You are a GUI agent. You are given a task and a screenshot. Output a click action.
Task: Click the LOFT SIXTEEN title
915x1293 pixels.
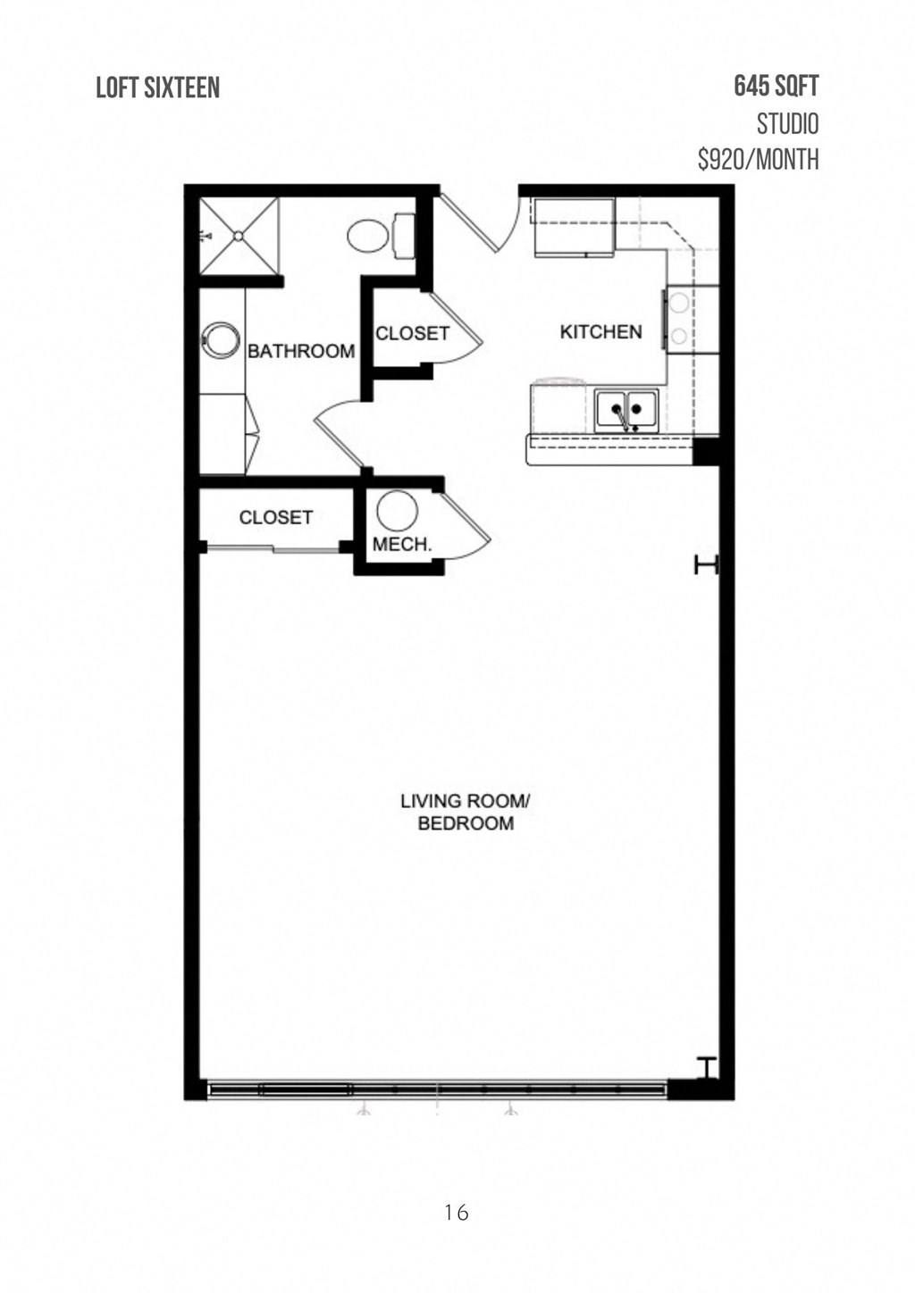pos(158,88)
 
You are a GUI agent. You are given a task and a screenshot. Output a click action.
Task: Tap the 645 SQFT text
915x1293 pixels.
pos(776,87)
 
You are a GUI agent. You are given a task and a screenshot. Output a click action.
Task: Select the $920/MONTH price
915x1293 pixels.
pos(758,160)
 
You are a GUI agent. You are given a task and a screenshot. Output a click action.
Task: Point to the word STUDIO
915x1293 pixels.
pos(786,123)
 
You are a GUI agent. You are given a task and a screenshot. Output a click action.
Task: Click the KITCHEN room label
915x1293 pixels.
pos(600,332)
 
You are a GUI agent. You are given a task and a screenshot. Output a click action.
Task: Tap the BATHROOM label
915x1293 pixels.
pos(301,351)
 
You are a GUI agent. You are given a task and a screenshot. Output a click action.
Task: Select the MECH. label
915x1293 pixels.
pos(402,544)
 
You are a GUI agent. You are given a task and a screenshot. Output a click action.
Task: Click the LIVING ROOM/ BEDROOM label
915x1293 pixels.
pos(466,812)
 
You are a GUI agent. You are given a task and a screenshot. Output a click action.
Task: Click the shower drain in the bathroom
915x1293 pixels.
pos(239,236)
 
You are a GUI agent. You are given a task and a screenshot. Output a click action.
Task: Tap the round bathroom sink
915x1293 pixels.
pos(220,339)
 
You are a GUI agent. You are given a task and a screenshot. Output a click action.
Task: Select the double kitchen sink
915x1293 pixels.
pos(626,410)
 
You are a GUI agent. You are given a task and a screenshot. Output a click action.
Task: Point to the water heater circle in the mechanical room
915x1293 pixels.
pos(397,512)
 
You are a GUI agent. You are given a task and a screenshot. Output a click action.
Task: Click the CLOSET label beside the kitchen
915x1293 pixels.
pos(412,333)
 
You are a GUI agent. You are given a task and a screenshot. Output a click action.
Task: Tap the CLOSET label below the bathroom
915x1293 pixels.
pos(275,517)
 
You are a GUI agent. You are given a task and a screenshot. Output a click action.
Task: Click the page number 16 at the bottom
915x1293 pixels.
pos(456,1212)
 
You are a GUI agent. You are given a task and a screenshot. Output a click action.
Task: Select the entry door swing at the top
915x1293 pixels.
pos(479,224)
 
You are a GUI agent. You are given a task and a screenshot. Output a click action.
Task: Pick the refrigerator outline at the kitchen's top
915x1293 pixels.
pos(574,227)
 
